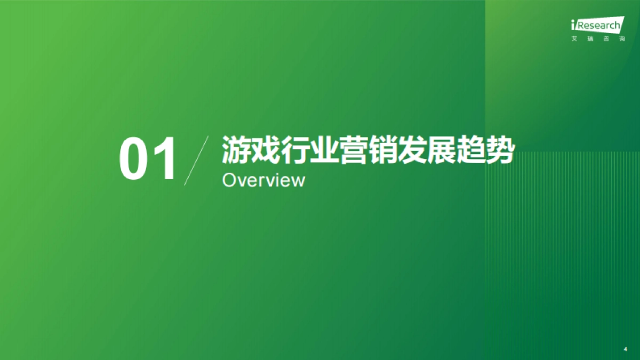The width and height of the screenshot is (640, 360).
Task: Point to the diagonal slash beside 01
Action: pos(196,161)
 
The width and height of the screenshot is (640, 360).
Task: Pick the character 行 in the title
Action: pos(295,150)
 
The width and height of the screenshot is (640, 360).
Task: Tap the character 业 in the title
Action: pos(324,150)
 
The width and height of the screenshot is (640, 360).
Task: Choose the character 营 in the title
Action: pos(353,150)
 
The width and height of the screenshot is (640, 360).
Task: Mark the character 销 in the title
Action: pos(382,150)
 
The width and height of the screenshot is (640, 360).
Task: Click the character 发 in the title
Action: pos(412,150)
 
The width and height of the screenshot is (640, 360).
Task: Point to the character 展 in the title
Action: pos(441,150)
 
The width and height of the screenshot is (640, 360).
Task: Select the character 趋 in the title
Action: pos(470,150)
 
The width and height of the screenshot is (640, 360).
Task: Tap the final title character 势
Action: pos(499,150)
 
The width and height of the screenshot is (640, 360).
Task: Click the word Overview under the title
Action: pos(263,180)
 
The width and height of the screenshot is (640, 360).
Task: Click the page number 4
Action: pos(625,349)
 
